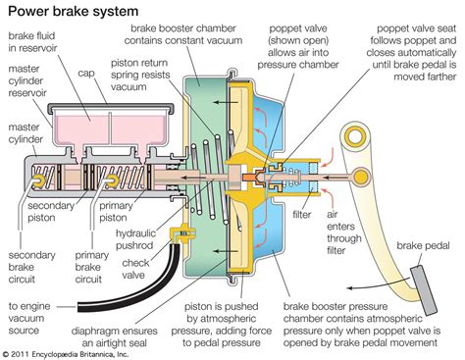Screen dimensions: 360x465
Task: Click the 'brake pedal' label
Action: (423, 246)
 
